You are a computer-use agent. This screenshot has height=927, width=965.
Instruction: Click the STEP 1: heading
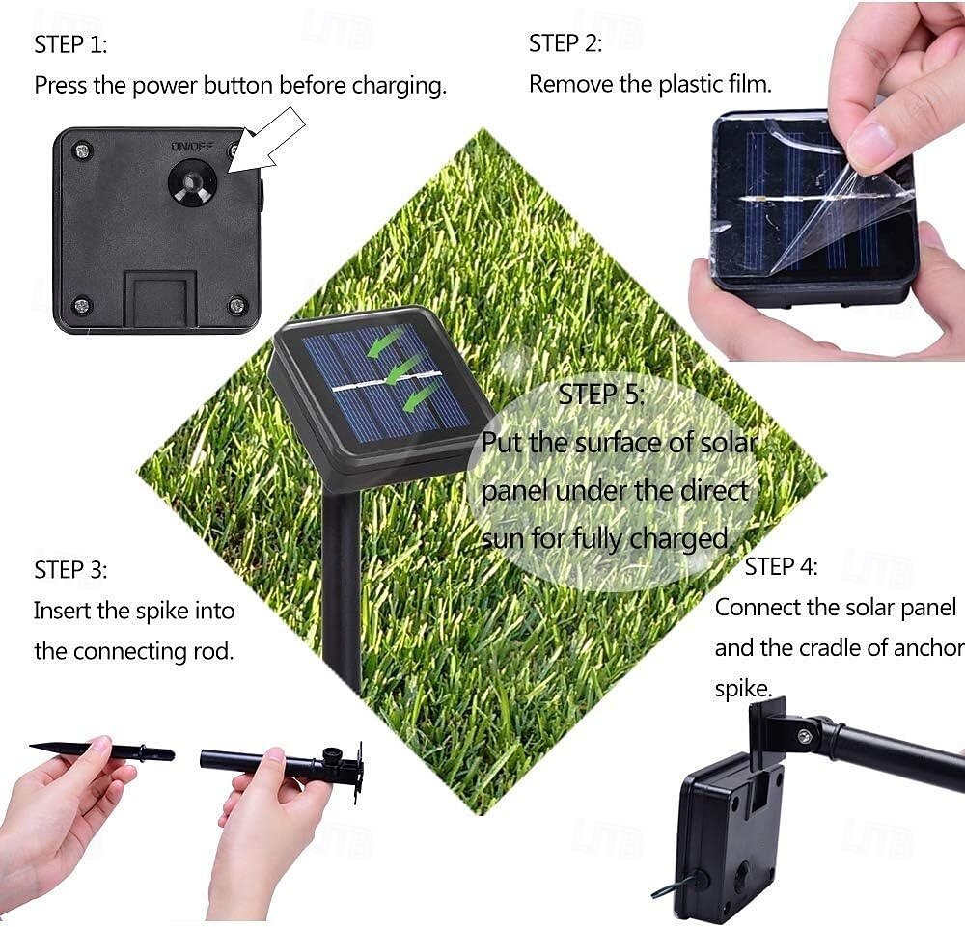pos(70,44)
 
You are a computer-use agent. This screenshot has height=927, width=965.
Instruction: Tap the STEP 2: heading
pos(565,43)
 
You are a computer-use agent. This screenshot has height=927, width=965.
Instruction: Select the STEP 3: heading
pos(70,570)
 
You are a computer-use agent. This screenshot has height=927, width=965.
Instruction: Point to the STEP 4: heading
pos(781,566)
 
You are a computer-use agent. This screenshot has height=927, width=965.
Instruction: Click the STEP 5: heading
pos(601,395)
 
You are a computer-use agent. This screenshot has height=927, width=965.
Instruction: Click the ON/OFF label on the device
pos(192,147)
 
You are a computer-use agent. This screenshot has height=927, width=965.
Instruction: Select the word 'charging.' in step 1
pos(400,86)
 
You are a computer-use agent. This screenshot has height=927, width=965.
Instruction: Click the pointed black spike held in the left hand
pos(102,751)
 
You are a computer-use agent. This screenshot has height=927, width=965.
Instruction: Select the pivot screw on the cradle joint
pos(805,736)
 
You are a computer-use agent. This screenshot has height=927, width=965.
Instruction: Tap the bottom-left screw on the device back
pos(81,305)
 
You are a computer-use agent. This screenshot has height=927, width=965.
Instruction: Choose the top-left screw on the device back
pos(82,150)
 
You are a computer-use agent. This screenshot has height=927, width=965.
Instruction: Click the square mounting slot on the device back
pos(160,300)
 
